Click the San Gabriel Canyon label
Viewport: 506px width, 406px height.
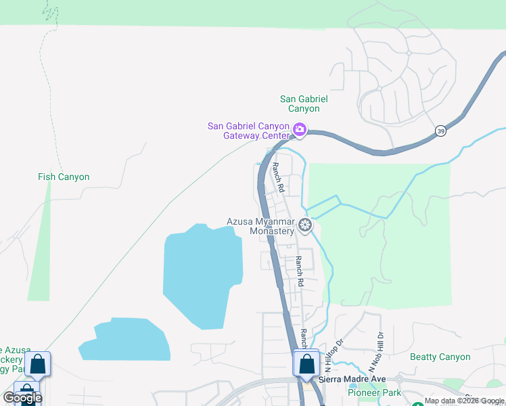[x=304, y=104]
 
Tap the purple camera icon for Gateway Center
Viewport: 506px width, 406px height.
[x=299, y=129]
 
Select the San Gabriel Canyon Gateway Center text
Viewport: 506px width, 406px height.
[x=248, y=131]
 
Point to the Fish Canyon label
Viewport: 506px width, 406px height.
[x=64, y=177]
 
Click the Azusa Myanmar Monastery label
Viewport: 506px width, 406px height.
[x=260, y=226]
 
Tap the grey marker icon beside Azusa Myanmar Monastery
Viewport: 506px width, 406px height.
[x=305, y=225]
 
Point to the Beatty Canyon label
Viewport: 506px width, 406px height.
[x=440, y=357]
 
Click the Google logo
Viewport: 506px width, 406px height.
[x=22, y=398]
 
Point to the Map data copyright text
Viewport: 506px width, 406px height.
[x=464, y=401]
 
